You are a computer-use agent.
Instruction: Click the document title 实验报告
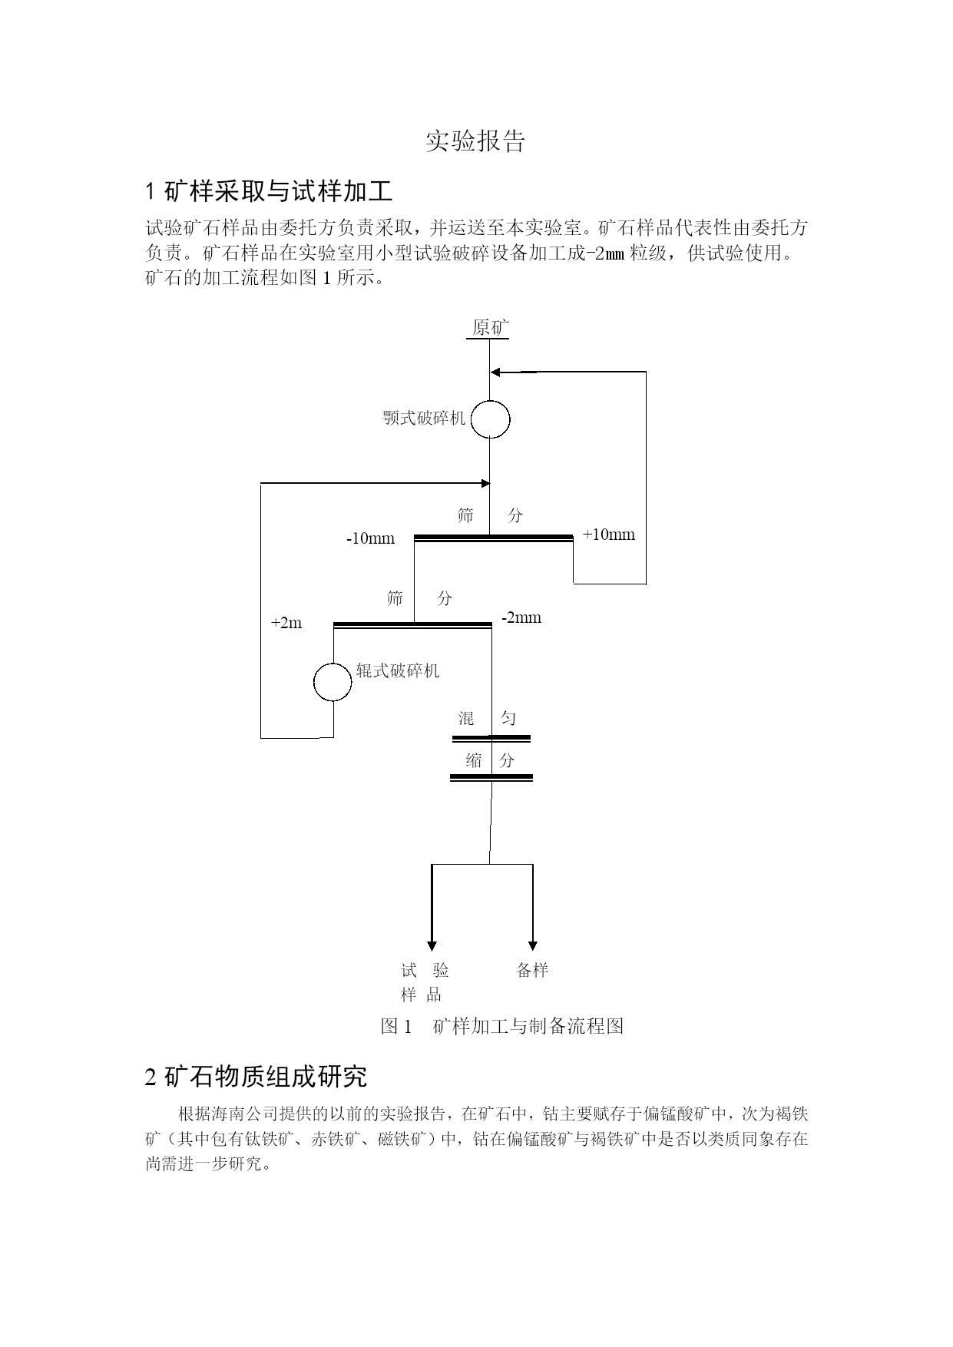(x=475, y=141)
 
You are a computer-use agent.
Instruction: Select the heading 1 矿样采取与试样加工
(x=270, y=190)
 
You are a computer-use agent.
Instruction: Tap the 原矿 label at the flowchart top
(x=490, y=328)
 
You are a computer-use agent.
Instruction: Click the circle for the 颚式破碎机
(x=490, y=419)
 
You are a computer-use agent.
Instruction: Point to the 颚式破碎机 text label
(x=425, y=419)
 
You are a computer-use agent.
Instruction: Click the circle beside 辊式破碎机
(x=333, y=682)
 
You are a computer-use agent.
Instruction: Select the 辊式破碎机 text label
(x=398, y=671)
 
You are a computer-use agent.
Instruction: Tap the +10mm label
(x=609, y=534)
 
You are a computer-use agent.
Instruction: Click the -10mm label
(x=370, y=538)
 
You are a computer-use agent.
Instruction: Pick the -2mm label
(x=521, y=617)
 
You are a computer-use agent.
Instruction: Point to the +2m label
(x=286, y=623)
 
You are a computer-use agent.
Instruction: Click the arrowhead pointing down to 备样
(x=533, y=946)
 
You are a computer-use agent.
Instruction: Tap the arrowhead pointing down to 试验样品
(x=432, y=946)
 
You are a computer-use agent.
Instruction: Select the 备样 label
(x=532, y=970)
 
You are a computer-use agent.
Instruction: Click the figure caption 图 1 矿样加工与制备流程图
(x=502, y=1026)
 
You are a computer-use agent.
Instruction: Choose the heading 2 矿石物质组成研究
(x=256, y=1077)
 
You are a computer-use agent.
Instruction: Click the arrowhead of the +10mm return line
(x=495, y=372)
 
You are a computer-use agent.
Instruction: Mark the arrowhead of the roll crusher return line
(x=485, y=483)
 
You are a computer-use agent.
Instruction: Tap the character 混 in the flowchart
(x=466, y=719)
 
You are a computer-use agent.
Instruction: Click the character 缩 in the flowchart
(x=474, y=760)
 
